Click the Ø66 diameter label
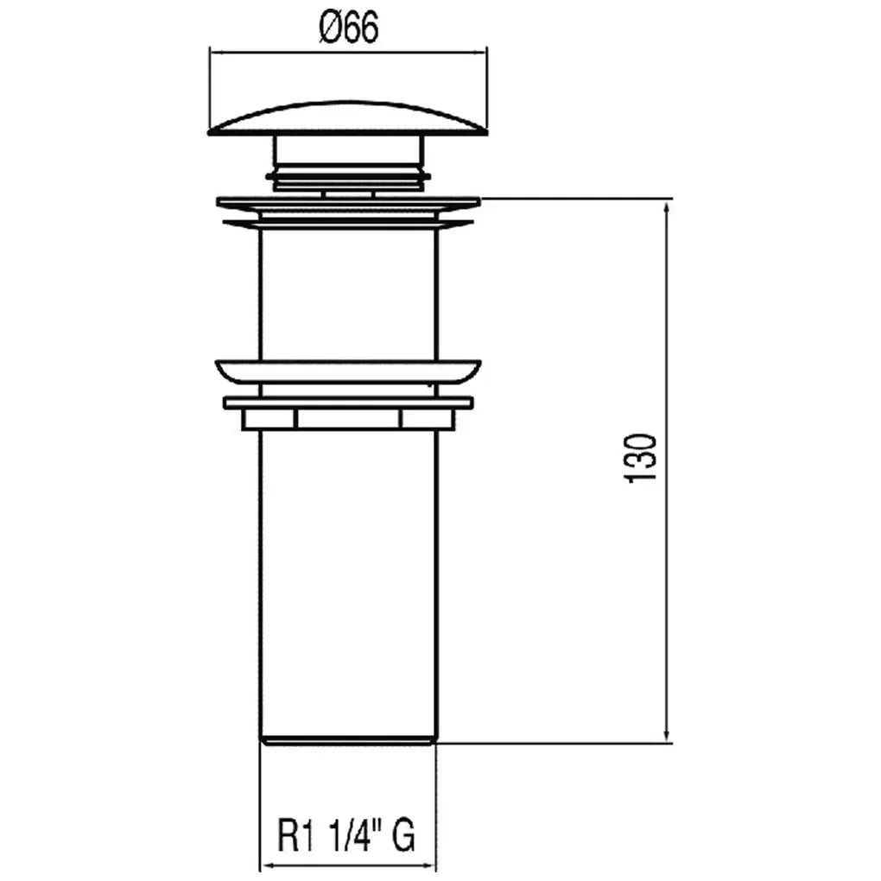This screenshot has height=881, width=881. [348, 27]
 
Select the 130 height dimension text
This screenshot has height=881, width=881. [640, 458]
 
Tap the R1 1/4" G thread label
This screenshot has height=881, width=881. [346, 835]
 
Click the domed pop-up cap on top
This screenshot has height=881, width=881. [348, 118]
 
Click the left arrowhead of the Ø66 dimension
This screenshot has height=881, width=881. [217, 53]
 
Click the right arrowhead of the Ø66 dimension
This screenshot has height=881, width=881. [479, 53]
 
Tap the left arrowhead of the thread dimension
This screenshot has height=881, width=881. [268, 866]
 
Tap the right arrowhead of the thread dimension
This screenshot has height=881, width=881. [428, 866]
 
